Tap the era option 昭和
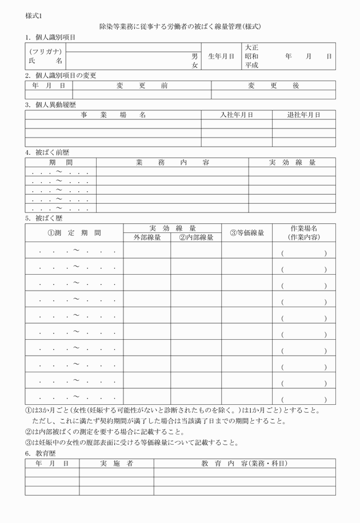tap(251, 57)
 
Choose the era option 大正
tap(251, 47)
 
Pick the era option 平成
tap(251, 66)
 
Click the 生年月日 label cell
tap(221, 57)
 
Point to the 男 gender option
tap(194, 57)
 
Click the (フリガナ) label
tap(46, 51)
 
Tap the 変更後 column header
tap(273, 86)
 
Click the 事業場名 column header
tap(113, 115)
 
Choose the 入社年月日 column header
tap(237, 115)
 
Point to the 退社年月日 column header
tap(303, 115)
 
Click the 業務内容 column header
tap(172, 162)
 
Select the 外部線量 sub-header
tap(147, 237)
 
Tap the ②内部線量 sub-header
tap(196, 237)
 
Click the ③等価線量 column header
tap(247, 232)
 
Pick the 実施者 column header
tap(116, 463)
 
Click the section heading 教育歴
tap(43, 453)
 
